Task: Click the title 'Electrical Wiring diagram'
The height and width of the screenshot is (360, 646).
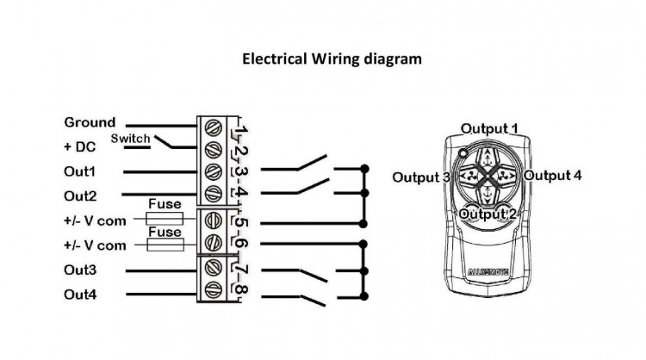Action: tap(332, 59)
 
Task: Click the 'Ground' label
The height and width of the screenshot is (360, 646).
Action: tap(90, 123)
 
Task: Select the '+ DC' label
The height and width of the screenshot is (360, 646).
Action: tap(78, 146)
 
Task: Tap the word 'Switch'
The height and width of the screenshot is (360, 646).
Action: tap(130, 139)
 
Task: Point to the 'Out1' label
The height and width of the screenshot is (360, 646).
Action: tap(80, 171)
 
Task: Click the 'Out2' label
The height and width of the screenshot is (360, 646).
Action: tap(80, 196)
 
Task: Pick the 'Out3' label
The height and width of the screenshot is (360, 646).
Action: tap(80, 270)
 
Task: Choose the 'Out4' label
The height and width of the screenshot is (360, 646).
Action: tap(80, 295)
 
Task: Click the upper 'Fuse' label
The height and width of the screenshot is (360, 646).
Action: tap(164, 205)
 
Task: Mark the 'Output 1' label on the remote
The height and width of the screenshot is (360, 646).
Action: tap(489, 128)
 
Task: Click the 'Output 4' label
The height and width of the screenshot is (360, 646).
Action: tap(552, 175)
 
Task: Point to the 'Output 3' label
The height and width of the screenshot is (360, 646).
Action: tap(421, 177)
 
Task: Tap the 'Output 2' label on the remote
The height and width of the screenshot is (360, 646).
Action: tap(488, 213)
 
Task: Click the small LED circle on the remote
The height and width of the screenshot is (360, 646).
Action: tap(463, 152)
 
